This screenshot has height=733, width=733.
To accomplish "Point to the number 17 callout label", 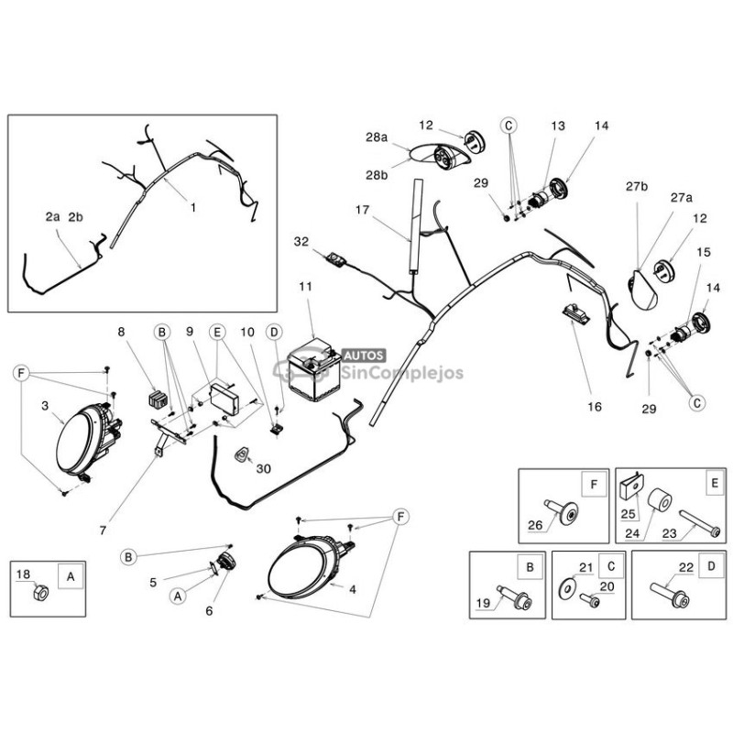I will pos(364,210).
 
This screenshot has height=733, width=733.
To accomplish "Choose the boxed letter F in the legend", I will pos(593,483).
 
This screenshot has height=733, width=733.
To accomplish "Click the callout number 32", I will pos(302,242).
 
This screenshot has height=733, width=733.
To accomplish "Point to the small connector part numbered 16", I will pos(575,313).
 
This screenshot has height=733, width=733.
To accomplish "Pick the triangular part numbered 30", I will pos(245,454).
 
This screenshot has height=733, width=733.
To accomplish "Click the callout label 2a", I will pos(52,217).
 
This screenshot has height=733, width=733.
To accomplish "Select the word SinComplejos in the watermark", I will pos(402,372).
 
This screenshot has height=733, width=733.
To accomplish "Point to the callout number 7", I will pos(103,529).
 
